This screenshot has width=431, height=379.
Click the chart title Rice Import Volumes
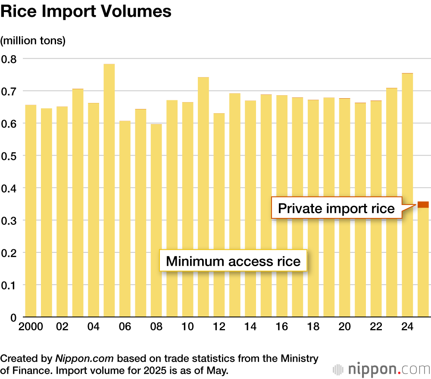pos(86,12)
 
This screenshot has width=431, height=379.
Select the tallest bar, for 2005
pos(109,189)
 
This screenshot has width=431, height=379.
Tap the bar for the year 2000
pos(31,211)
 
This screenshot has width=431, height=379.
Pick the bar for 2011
pos(203,196)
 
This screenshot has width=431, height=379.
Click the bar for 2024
pos(407,194)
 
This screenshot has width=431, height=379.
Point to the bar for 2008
pos(156,220)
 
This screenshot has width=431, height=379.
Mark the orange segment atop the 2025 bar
pos(423,205)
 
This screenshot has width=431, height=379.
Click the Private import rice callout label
pos(336,208)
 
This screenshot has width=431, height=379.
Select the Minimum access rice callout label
pos(233,261)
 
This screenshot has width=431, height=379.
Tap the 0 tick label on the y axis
pos(13,317)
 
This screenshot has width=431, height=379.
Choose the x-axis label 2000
pos(30,327)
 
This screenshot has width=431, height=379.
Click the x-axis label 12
pos(219,327)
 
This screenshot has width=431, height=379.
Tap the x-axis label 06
pos(125,327)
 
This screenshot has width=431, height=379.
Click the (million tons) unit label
pos(33,41)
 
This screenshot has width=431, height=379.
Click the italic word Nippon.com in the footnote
pos(84,358)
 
